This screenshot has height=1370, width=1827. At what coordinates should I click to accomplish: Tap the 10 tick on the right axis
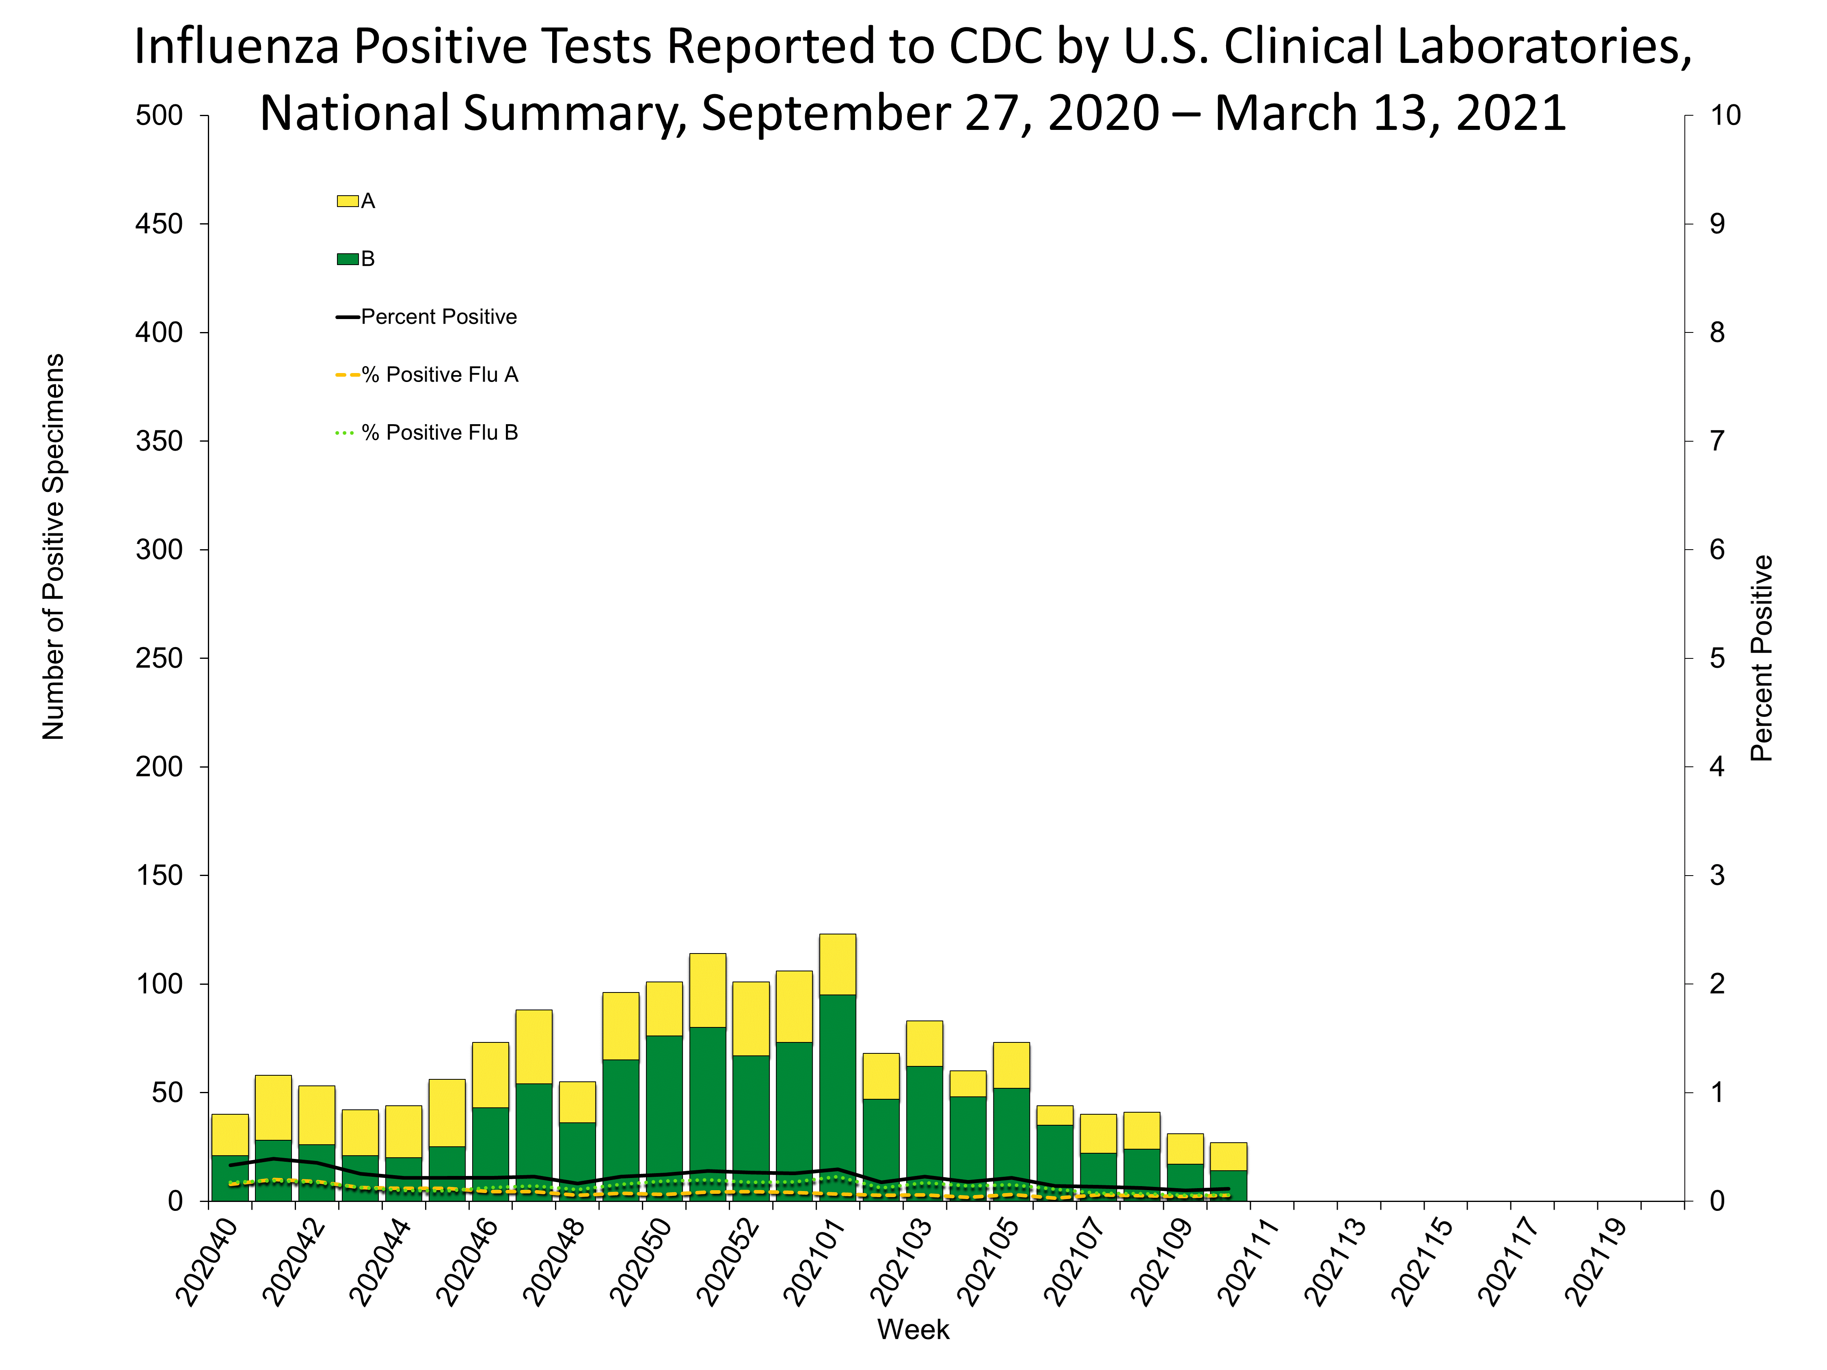coord(1725,116)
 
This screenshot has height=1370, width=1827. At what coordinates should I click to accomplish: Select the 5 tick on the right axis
coord(1717,658)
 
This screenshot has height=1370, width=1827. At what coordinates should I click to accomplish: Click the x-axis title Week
coord(913,1329)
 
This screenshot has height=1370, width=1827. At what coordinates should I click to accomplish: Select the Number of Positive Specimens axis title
coord(53,547)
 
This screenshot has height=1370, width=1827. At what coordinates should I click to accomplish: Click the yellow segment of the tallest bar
coord(838,964)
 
